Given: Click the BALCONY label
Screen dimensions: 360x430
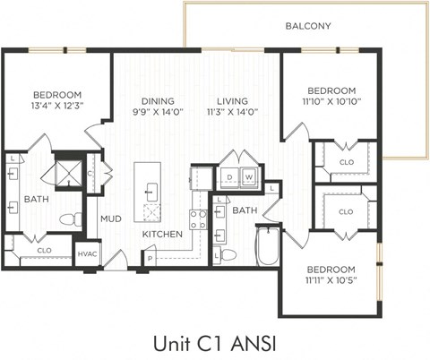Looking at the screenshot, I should tap(308, 26).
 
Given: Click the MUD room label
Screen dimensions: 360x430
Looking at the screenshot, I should tap(110, 219).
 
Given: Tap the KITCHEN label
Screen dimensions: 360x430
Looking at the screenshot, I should tap(162, 235).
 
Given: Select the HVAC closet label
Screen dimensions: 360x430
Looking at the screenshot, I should tap(87, 255).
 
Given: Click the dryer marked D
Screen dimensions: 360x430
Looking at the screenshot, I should tap(229, 178).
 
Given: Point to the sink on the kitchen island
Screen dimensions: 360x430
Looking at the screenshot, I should tap(150, 190).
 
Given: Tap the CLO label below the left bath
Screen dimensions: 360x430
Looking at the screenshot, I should tap(43, 251).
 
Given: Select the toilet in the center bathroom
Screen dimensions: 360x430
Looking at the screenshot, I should tap(228, 255).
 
